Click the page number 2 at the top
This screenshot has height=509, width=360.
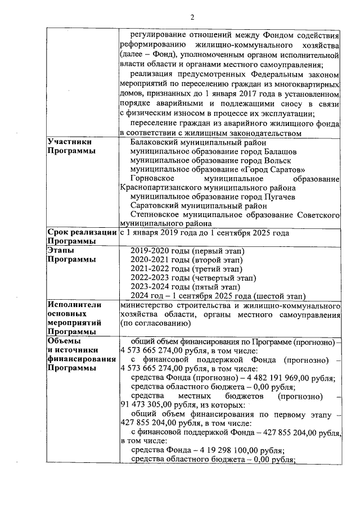[x=192, y=17]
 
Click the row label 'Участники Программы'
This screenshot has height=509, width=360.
[x=70, y=147]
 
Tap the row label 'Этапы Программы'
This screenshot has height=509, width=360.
[x=70, y=255]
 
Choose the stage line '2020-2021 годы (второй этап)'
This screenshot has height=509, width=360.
[x=186, y=260]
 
